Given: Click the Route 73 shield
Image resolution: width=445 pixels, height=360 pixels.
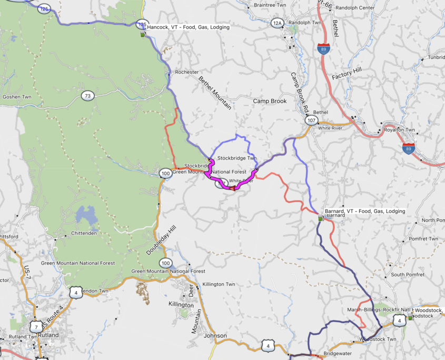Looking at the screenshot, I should coord(87,95).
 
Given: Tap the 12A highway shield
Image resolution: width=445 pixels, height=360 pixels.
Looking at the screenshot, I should coord(278,23).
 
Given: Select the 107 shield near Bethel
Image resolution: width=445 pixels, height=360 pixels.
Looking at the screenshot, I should coord(311,121).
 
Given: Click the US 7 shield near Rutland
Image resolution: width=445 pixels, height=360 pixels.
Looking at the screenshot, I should coord(36,326).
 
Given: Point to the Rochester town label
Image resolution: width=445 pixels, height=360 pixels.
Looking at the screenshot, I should coord(187,72).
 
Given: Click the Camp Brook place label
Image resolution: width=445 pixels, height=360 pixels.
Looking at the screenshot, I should coord(270,101).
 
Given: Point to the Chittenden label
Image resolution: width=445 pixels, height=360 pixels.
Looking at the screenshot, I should coord(86,234).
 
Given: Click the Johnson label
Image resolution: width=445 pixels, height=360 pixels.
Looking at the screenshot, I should coord(215,335).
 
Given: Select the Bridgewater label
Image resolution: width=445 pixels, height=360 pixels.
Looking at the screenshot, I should coord(338,354).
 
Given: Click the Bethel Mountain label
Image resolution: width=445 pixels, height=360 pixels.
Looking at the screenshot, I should coord(214,93).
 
